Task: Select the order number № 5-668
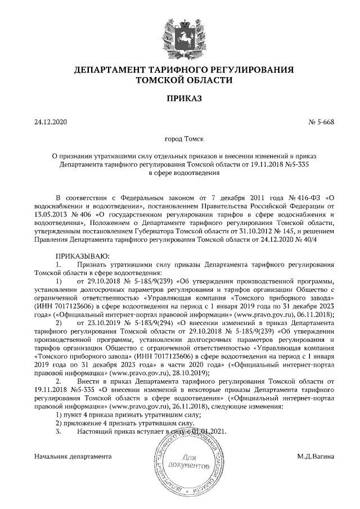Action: click(322, 122)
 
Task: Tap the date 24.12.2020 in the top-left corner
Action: click(50, 122)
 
